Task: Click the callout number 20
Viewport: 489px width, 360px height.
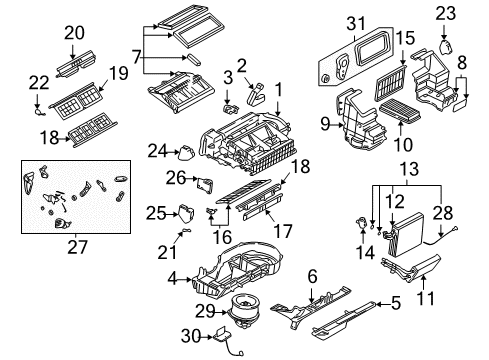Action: pos(74,33)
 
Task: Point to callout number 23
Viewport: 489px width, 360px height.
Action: pos(445,13)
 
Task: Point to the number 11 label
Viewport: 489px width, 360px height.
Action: pos(423,298)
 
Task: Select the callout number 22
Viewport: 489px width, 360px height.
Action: pos(39,80)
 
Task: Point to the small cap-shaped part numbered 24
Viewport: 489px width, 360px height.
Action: pos(186,153)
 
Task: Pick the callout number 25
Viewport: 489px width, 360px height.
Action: pos(155,212)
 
